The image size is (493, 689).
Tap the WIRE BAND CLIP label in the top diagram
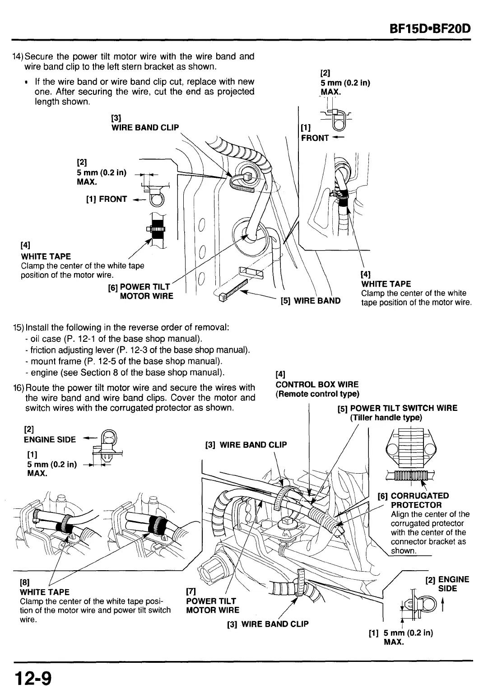pyautogui.click(x=145, y=127)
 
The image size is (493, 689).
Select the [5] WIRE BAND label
pyautogui.click(x=311, y=301)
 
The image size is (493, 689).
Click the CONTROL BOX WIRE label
pyautogui.click(x=317, y=385)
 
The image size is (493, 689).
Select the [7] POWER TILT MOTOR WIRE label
pyautogui.click(x=212, y=605)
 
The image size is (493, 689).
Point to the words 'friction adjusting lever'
pyautogui.click(x=72, y=350)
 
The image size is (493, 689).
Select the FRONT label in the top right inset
pyautogui.click(x=315, y=138)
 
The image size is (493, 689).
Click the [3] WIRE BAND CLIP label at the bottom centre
pyautogui.click(x=268, y=624)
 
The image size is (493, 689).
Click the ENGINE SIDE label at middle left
pyautogui.click(x=50, y=439)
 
